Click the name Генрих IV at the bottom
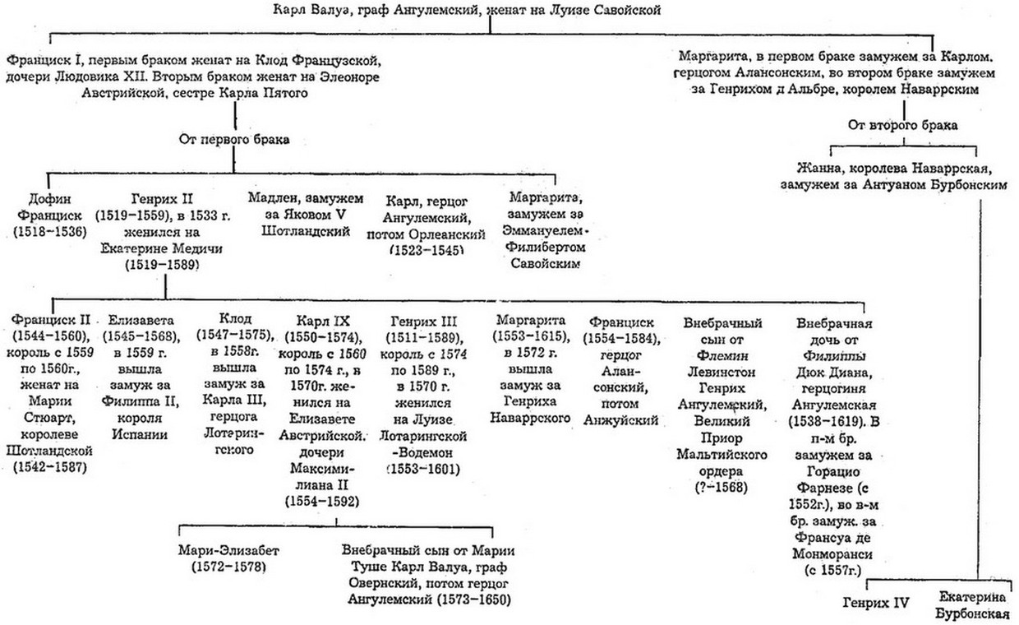876,603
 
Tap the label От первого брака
234,140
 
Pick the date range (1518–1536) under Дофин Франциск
50,233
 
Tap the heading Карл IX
326,321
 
